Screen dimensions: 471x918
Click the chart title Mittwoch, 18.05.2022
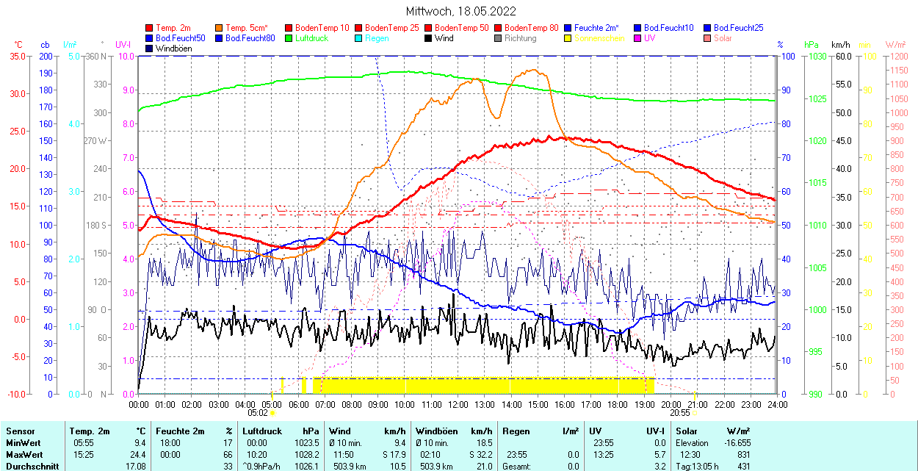(460, 11)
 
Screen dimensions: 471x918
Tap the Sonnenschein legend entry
(599, 38)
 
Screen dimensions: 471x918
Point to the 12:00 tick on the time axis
(458, 405)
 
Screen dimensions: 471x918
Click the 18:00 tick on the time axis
(618, 405)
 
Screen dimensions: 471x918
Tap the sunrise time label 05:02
(258, 413)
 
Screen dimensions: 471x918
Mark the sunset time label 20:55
(680, 413)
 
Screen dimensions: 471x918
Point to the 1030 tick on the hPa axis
(814, 56)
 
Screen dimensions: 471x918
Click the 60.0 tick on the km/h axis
(842, 56)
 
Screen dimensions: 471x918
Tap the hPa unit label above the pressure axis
(811, 44)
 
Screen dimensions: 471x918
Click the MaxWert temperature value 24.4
(139, 455)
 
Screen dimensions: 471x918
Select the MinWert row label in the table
(22, 443)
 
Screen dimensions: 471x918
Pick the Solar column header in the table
(687, 431)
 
